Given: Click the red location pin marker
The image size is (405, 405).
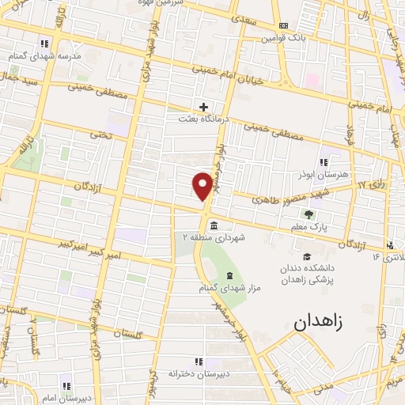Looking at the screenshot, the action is [202, 185].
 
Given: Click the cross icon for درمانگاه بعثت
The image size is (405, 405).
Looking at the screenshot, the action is [204, 107].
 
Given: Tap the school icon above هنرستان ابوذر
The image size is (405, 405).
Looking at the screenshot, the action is [323, 161].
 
